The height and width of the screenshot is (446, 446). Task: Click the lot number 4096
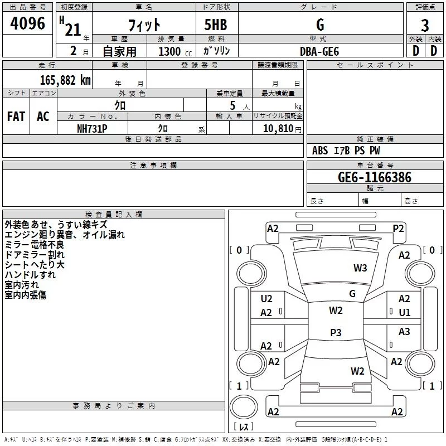click(27, 23)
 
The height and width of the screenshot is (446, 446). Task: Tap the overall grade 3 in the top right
click(425, 26)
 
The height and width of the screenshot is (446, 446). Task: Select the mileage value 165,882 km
click(65, 80)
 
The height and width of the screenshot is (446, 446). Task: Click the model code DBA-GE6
click(319, 51)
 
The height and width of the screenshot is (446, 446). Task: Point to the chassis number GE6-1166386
click(375, 177)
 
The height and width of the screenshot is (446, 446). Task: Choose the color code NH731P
click(92, 129)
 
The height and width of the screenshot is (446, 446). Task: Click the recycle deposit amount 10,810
click(278, 129)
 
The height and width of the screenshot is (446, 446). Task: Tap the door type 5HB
click(216, 25)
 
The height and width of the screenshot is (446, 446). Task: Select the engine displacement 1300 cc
click(175, 51)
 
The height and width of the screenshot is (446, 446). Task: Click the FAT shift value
click(16, 117)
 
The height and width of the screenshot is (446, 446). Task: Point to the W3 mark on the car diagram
click(360, 268)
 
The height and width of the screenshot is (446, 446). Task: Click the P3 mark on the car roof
click(336, 332)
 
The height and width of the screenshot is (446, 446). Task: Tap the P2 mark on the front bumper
click(398, 229)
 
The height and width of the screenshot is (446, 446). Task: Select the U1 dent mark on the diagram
click(405, 313)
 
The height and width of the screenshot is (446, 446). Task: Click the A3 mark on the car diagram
click(404, 331)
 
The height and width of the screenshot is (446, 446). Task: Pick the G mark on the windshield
click(352, 294)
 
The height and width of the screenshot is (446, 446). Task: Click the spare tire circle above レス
click(244, 407)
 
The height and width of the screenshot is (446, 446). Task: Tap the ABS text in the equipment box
click(320, 151)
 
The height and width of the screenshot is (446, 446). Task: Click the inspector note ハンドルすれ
click(30, 275)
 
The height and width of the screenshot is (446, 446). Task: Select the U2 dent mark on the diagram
click(266, 299)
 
